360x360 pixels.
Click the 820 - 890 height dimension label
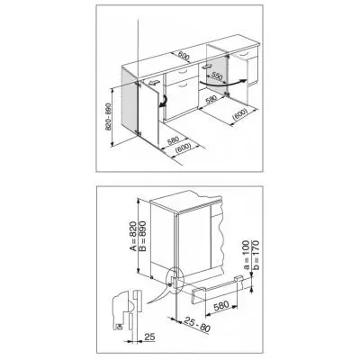click(x=108, y=117)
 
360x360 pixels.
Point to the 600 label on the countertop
click(x=184, y=56)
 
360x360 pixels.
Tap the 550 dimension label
click(x=216, y=76)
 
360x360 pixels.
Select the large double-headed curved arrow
click(x=222, y=84)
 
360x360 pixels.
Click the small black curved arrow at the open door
click(x=163, y=101)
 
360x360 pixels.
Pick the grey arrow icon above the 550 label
click(x=207, y=66)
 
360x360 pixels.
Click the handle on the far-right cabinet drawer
click(x=244, y=54)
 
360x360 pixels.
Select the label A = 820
click(x=133, y=237)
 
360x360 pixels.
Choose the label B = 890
click(x=142, y=237)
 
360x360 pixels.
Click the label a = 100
click(x=247, y=255)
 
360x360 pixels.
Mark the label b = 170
click(x=256, y=255)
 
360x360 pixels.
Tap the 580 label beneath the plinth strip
click(x=222, y=306)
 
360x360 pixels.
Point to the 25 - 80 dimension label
click(x=197, y=325)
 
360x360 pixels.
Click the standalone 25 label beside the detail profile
click(x=149, y=337)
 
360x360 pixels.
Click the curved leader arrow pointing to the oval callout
click(x=161, y=294)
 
